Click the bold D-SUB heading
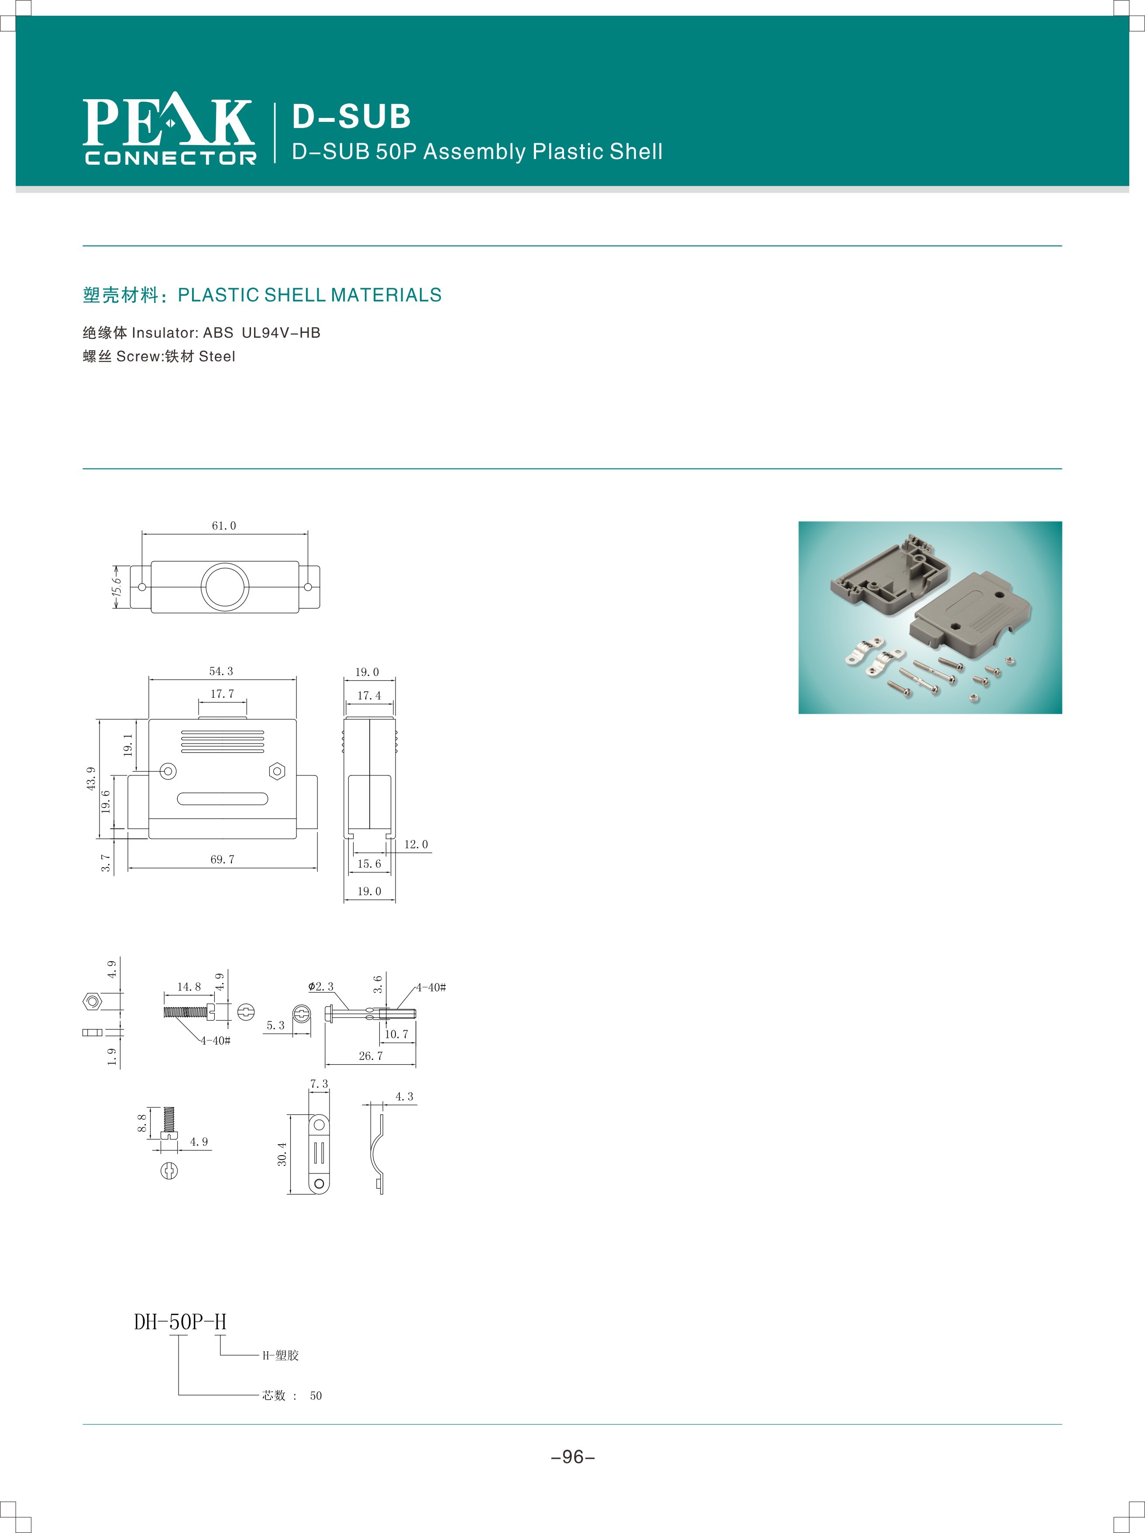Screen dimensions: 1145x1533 tap(351, 117)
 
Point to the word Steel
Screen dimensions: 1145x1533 tap(217, 356)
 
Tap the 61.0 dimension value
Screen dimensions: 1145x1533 tap(224, 526)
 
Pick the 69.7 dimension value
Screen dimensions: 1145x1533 tap(222, 859)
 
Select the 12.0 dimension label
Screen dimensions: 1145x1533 tap(416, 844)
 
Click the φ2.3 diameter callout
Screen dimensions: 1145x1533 tap(321, 986)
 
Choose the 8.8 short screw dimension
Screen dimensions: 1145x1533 tap(142, 1123)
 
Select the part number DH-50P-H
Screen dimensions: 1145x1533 tap(180, 1322)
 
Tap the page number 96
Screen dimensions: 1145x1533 tap(573, 1457)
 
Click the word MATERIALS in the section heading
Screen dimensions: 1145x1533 tap(386, 295)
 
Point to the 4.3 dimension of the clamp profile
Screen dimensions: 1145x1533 tap(405, 1097)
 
